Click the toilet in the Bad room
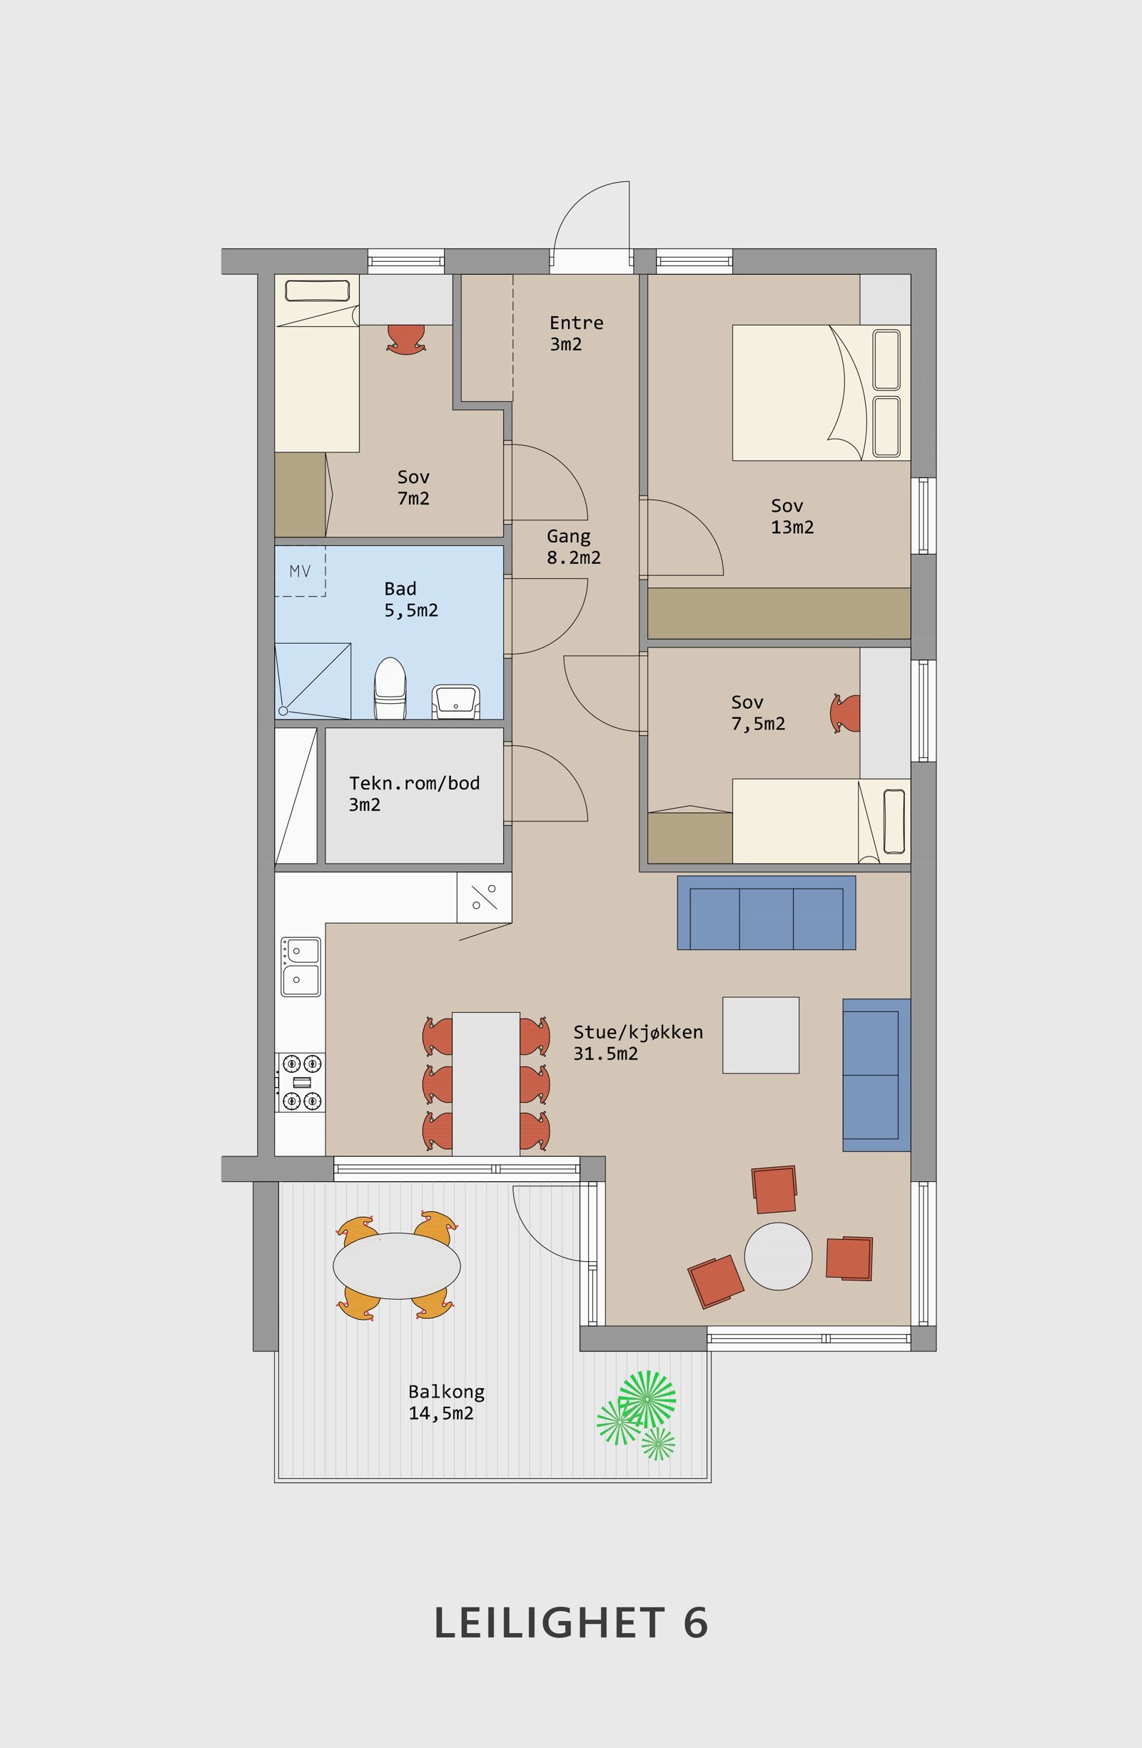point(390,688)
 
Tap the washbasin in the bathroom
point(456,702)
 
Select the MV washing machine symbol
point(300,571)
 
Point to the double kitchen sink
point(301,966)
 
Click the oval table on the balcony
point(397,1265)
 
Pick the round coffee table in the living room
point(779,1256)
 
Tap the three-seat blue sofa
point(766,913)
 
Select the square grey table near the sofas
point(761,1035)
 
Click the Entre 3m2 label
point(577,333)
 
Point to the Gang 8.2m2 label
point(574,547)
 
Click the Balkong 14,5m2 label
point(447,1402)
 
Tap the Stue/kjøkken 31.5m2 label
point(638,1043)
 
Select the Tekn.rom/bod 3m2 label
point(414,793)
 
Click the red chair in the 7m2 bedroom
point(407,339)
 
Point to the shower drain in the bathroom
point(283,711)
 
